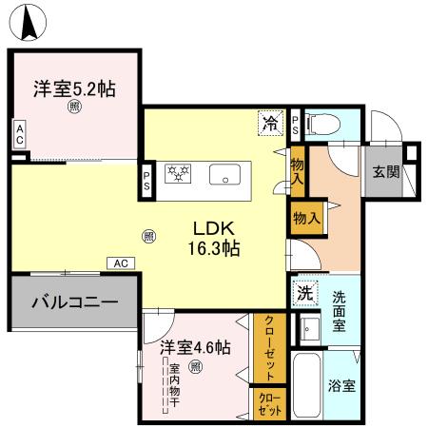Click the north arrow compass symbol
[x=31, y=21]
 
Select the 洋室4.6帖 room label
[x=194, y=347]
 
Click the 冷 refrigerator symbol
[x=271, y=123]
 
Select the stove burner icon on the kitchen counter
[x=179, y=175]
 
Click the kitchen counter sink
[x=225, y=175]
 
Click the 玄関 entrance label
[x=385, y=172]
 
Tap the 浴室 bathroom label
[x=343, y=388]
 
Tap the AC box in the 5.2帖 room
[x=19, y=135]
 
